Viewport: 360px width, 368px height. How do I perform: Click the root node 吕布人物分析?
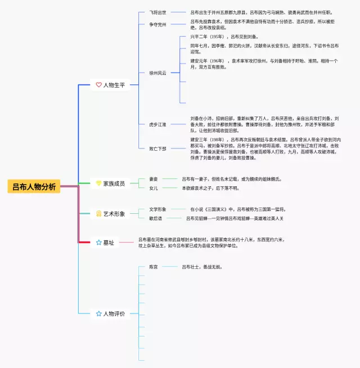pyautogui.click(x=34, y=187)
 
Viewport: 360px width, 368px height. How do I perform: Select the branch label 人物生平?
pyautogui.click(x=114, y=85)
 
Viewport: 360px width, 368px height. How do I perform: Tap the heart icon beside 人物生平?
pyautogui.click(x=99, y=85)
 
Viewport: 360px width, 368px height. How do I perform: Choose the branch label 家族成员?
pyautogui.click(x=114, y=183)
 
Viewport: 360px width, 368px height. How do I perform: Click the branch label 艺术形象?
pyautogui.click(x=114, y=214)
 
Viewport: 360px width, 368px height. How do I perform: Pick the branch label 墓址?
pyautogui.click(x=109, y=243)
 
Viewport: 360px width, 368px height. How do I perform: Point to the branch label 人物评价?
pyautogui.click(x=114, y=313)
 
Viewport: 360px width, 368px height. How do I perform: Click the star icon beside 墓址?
pyautogui.click(x=99, y=243)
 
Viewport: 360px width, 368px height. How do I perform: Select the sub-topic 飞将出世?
pyautogui.click(x=158, y=12)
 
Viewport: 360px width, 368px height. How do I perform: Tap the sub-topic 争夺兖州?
pyautogui.click(x=158, y=24)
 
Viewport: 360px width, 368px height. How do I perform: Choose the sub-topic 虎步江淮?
pyautogui.click(x=158, y=124)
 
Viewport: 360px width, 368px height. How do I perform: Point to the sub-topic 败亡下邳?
pyautogui.click(x=158, y=149)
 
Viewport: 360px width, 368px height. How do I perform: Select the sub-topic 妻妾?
pyautogui.click(x=154, y=179)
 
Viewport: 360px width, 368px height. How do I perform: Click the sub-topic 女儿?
pyautogui.click(x=154, y=188)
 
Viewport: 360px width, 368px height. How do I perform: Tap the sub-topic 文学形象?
pyautogui.click(x=158, y=209)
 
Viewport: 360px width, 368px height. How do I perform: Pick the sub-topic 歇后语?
pyautogui.click(x=156, y=218)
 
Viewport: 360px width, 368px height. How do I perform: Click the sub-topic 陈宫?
pyautogui.click(x=154, y=267)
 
